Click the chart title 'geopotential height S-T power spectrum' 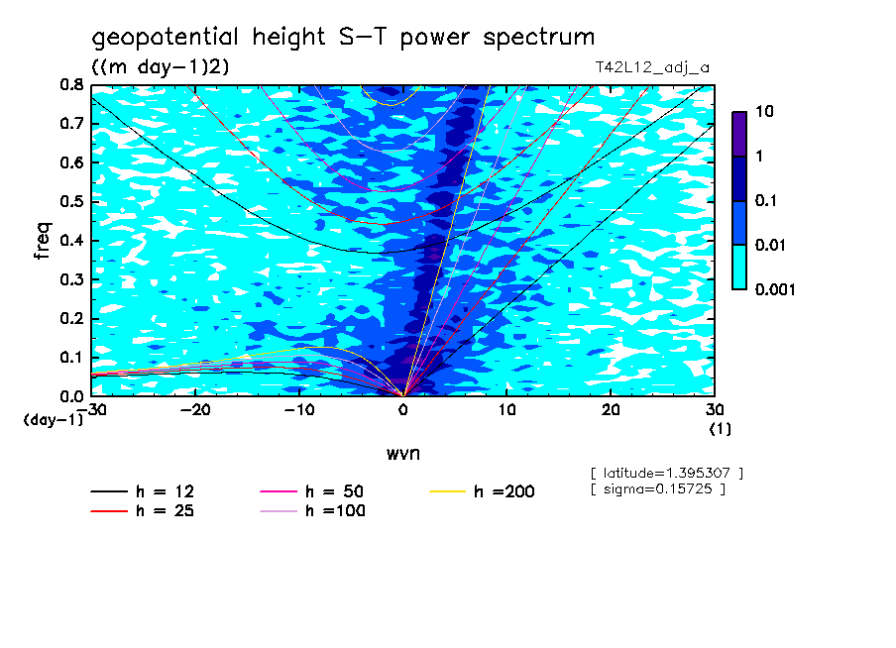pyautogui.click(x=343, y=38)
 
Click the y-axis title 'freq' pyautogui.click(x=43, y=240)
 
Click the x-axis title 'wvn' pyautogui.click(x=401, y=453)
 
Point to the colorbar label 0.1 pyautogui.click(x=764, y=201)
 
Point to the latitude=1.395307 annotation pyautogui.click(x=666, y=473)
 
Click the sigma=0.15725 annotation pyautogui.click(x=657, y=488)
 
